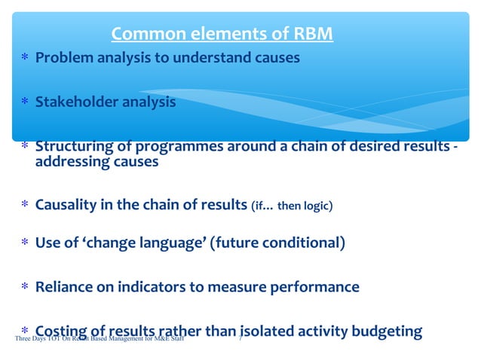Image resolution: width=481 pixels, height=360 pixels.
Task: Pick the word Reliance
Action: (x=64, y=287)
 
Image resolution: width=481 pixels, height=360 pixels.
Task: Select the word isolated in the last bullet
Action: (x=270, y=331)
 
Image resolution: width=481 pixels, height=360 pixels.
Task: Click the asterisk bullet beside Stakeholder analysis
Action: (x=25, y=102)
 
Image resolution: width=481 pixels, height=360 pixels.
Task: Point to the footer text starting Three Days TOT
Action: (x=98, y=340)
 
